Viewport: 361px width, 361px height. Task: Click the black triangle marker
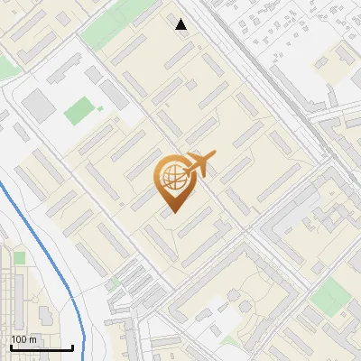[181, 24]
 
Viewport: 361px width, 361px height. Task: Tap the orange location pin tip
[171, 212]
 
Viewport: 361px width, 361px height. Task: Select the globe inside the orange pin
[171, 177]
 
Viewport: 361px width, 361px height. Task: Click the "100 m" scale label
[24, 339]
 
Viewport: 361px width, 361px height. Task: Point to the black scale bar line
[42, 348]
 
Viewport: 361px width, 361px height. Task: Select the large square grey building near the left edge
[39, 106]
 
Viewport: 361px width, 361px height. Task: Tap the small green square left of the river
[19, 258]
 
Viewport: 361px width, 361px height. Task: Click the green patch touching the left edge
[7, 66]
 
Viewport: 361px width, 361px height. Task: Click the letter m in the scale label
[33, 339]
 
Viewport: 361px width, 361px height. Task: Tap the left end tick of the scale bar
[11, 347]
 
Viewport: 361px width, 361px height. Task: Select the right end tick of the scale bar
[72, 347]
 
